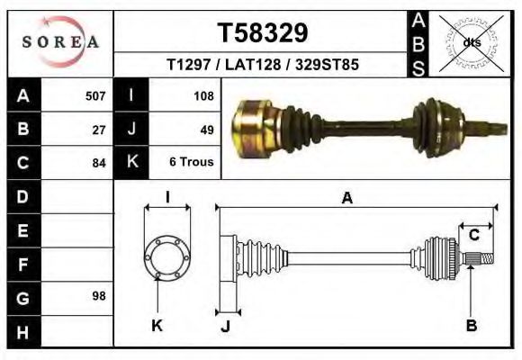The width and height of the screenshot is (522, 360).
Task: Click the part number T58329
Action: [263, 33]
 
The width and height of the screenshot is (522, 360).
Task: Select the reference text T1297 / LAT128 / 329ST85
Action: [263, 66]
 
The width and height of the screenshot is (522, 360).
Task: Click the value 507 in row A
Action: [95, 95]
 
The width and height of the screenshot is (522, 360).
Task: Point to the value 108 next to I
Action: [202, 95]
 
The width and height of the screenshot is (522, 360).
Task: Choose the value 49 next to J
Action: [206, 130]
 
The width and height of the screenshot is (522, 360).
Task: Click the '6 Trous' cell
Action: [191, 163]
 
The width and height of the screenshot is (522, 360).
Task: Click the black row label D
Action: [23, 196]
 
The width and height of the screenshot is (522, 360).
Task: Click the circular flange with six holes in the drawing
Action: [167, 256]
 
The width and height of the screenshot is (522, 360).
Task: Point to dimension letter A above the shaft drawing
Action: [347, 198]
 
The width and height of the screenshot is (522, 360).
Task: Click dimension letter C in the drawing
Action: [473, 235]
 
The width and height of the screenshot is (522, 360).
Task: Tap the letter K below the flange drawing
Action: [157, 325]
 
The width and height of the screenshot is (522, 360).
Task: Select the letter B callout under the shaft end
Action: [471, 325]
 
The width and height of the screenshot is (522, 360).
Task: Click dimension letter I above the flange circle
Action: [167, 197]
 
